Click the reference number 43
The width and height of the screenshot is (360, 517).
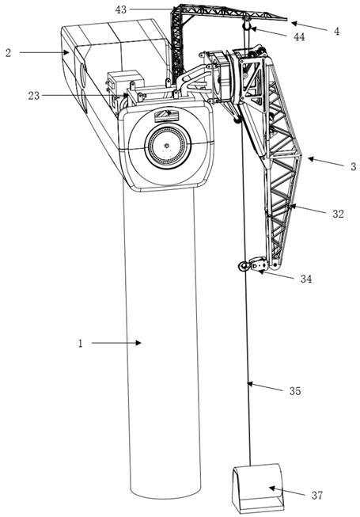121,10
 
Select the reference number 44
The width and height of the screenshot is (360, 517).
299,36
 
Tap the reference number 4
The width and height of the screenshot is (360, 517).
336,32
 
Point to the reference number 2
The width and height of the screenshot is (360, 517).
9,53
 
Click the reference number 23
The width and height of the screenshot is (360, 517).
33,96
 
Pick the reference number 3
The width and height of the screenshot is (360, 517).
354,166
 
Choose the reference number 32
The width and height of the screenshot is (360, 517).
338,214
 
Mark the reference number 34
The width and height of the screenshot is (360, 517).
306,279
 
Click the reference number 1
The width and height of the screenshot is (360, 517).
80,344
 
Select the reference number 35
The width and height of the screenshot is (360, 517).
295,391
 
